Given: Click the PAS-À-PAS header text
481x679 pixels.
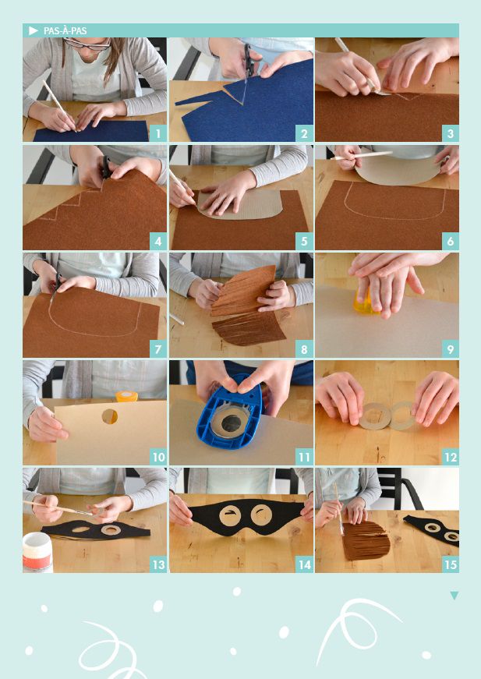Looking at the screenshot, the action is coord(65,30).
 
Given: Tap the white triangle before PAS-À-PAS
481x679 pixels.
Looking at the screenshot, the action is coord(34,30).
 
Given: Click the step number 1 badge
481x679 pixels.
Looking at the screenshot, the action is coord(158,133).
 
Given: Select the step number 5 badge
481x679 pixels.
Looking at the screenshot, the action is coord(304,241).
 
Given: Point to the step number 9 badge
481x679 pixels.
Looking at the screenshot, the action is coord(451,349).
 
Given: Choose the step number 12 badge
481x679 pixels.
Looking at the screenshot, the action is coord(451,457).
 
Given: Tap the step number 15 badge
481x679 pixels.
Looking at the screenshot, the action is coord(451,564).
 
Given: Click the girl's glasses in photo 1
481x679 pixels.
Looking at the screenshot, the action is coord(88,44).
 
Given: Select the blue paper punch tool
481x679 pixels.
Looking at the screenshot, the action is coord(230,412).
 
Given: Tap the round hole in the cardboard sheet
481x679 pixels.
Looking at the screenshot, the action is coord(110,416).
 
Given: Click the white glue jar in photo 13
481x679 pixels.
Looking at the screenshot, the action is coord(37,552).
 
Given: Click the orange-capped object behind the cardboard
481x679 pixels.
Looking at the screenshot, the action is coord(126,396).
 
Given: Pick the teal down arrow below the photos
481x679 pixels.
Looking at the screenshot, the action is coord(454,596).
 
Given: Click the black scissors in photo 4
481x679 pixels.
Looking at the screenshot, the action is coord(105,169).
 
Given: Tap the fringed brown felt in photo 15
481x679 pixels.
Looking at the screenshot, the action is coord(366,540).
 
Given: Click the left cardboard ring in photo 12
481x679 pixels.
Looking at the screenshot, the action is coord(373,416).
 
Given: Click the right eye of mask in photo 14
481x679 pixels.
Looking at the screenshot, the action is coord(261,514).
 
